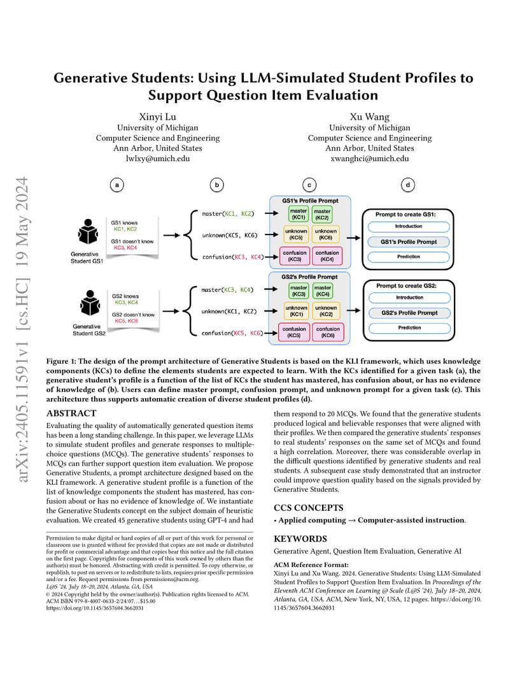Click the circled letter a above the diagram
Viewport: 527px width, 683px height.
pyautogui.click(x=116, y=185)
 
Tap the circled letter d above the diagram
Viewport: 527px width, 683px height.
pyautogui.click(x=407, y=185)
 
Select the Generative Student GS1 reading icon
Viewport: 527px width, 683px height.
pyautogui.click(x=88, y=232)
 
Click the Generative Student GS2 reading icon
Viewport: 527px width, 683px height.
pyautogui.click(x=90, y=303)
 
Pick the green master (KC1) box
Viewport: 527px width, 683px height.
pyautogui.click(x=298, y=214)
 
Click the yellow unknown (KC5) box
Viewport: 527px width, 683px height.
pyautogui.click(x=296, y=234)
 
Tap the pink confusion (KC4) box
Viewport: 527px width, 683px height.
pyautogui.click(x=327, y=255)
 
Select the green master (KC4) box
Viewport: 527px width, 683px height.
pyautogui.click(x=323, y=291)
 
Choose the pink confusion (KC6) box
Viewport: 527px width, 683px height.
pyautogui.click(x=328, y=332)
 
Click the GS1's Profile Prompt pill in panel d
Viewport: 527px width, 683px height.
pyautogui.click(x=409, y=241)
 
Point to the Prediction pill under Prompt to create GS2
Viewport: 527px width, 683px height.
pyautogui.click(x=409, y=327)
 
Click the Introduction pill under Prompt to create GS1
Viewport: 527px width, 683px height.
pyautogui.click(x=409, y=227)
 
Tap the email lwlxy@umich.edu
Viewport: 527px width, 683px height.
pyautogui.click(x=158, y=159)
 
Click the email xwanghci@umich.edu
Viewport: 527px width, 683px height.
pyautogui.click(x=369, y=159)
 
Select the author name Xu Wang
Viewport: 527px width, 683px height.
pyautogui.click(x=369, y=117)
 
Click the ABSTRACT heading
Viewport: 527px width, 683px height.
pyautogui.click(x=71, y=413)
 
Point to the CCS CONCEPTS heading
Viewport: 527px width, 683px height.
pyautogui.click(x=309, y=508)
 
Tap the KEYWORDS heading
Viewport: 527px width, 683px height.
pyautogui.click(x=300, y=539)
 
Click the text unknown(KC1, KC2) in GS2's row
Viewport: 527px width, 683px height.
pyautogui.click(x=229, y=312)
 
